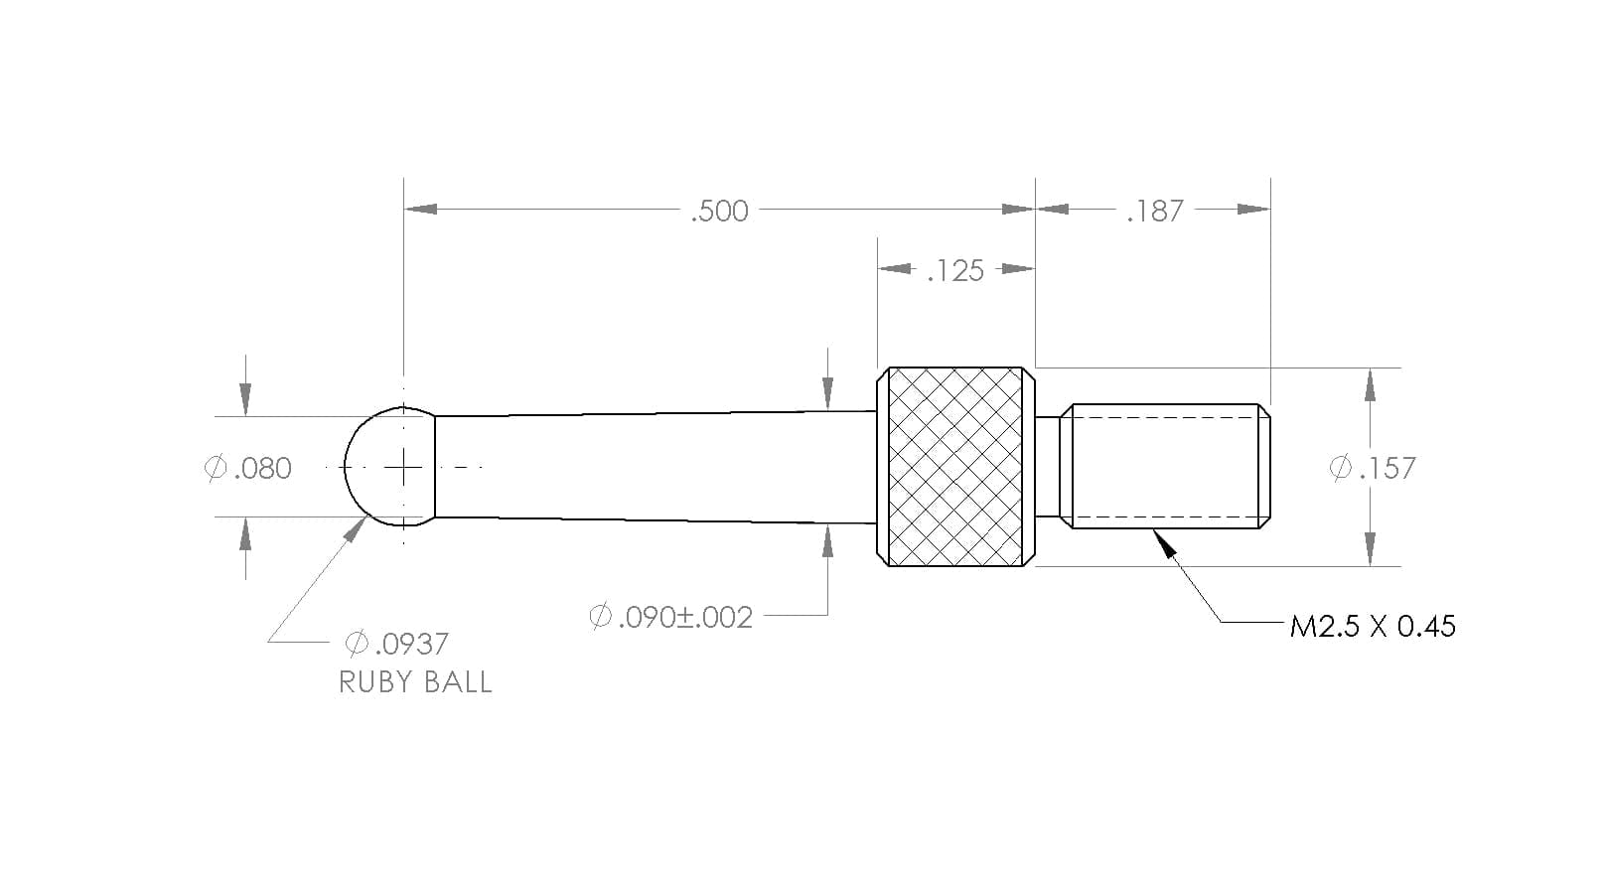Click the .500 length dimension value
click(719, 212)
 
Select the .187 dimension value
click(1155, 212)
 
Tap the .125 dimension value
click(955, 271)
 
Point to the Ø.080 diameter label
click(248, 468)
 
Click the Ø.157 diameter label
click(1373, 468)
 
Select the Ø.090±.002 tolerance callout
click(670, 617)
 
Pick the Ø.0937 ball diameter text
click(397, 644)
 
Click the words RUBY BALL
click(415, 682)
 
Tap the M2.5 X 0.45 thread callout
click(1373, 627)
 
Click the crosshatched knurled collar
click(955, 467)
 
